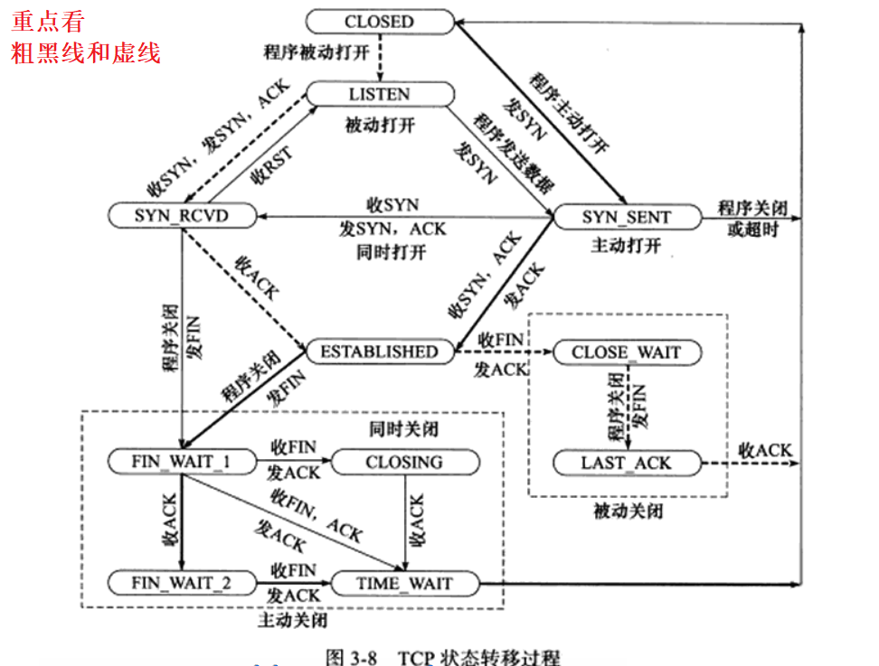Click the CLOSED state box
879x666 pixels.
click(379, 21)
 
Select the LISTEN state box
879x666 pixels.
click(379, 94)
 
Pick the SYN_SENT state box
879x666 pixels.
click(626, 217)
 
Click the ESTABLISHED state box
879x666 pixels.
click(379, 352)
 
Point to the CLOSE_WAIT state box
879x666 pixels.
click(626, 352)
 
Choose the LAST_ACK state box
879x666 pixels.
click(626, 463)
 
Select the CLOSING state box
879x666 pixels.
click(404, 462)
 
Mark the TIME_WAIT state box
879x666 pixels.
click(404, 583)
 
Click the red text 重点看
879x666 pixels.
click(48, 20)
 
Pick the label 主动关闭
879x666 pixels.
click(292, 621)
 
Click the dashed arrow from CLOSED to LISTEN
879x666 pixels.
click(380, 58)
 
